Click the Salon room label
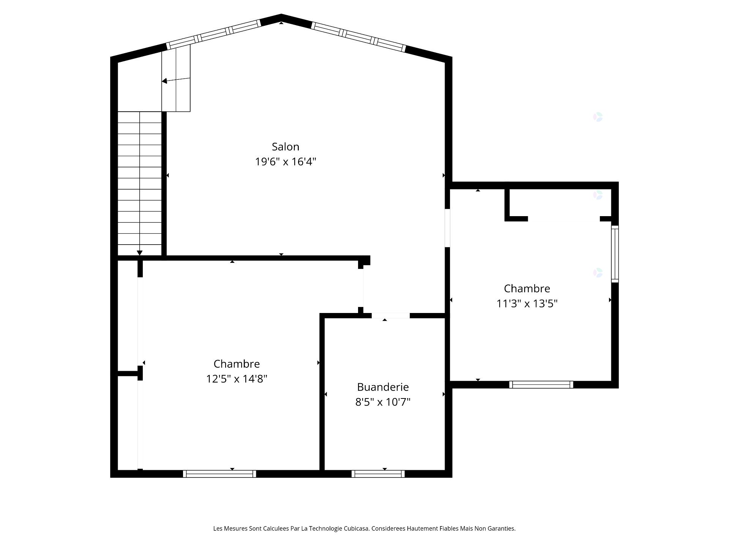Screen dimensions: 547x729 [286, 147]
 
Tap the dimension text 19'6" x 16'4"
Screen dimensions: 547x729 [286, 162]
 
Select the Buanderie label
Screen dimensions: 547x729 [383, 387]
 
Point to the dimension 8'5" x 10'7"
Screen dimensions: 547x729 [383, 402]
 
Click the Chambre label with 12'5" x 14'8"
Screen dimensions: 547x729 [237, 364]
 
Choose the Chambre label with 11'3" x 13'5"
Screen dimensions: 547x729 [527, 289]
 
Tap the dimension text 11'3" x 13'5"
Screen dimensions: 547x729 [527, 304]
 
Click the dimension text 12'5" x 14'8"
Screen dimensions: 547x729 [237, 379]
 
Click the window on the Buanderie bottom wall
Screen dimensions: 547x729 [378, 474]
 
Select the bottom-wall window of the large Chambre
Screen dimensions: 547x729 [219, 474]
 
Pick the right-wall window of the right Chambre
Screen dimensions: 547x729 [615, 254]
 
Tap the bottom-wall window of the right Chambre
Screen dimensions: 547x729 [541, 384]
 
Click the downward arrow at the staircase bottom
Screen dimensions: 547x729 [140, 252]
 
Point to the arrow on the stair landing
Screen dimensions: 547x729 [165, 81]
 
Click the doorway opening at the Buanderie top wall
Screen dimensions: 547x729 [390, 315]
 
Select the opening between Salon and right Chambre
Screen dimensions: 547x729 [447, 228]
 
